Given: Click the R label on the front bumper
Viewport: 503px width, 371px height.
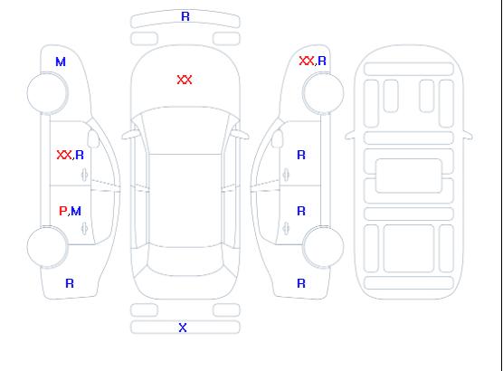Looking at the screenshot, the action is pos(185,16).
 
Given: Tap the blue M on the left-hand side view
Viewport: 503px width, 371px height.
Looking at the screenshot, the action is pos(61,62).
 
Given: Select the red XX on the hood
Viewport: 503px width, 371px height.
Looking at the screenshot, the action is pos(185,80).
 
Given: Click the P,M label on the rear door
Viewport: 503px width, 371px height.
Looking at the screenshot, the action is pos(70,211).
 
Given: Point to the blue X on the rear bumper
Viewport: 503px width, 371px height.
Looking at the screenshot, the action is pos(183,328).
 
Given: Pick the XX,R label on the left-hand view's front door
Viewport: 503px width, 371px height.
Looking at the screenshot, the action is pos(70,155).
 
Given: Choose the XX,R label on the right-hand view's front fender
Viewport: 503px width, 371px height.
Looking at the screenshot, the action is pos(312,61).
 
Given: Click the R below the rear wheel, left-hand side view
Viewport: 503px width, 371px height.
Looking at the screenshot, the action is pos(70,283).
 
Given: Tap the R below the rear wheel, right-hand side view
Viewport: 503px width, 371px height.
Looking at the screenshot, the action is pos(301,283).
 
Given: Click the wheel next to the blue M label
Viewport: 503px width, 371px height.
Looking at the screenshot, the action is pos(47,93).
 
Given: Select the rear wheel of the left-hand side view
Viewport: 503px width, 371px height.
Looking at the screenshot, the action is pos(47,247).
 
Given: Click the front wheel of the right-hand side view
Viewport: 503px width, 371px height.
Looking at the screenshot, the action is pos(323,93).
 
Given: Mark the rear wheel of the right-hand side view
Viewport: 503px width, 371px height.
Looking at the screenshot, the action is pos(323,247).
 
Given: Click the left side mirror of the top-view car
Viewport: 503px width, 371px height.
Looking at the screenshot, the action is pos(129,135).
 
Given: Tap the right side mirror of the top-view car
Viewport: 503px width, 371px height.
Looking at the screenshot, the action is pos(241,135).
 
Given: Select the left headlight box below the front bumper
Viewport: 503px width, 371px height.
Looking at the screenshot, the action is pos(145,39).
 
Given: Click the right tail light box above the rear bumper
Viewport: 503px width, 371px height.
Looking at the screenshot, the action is pos(226,310).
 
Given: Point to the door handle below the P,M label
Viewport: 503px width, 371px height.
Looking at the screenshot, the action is pos(84,228).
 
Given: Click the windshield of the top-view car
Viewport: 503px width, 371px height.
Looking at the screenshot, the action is pos(185,130).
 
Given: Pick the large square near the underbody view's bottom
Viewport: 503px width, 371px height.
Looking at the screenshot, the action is pos(409,248).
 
